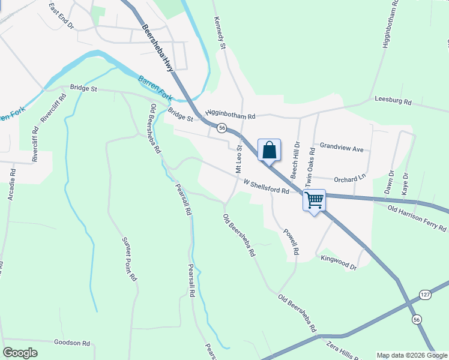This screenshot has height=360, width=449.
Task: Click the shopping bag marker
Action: click(x=270, y=149)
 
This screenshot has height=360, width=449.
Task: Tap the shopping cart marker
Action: click(x=315, y=200)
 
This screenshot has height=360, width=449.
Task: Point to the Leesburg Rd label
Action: click(x=392, y=101)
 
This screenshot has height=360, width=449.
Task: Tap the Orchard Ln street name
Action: click(x=349, y=178)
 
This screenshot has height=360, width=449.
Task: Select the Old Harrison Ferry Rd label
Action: click(x=417, y=218)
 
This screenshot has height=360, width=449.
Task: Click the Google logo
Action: click(x=20, y=353)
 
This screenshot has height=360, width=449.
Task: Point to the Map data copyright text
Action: click(x=412, y=355)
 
